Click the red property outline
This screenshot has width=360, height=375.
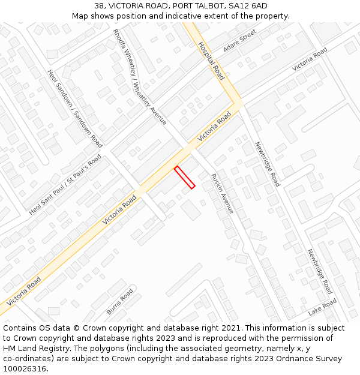pyautogui.click(x=185, y=178)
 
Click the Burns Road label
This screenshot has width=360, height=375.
pyautogui.click(x=119, y=302)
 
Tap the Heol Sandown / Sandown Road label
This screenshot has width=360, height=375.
pyautogui.click(x=75, y=108)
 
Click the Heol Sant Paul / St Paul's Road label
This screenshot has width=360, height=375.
pyautogui.click(x=65, y=185)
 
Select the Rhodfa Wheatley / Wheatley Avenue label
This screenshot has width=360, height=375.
pyautogui.click(x=140, y=77)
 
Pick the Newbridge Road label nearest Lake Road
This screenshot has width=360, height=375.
pyautogui.click(x=319, y=271)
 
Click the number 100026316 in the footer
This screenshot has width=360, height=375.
pyautogui.click(x=26, y=369)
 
